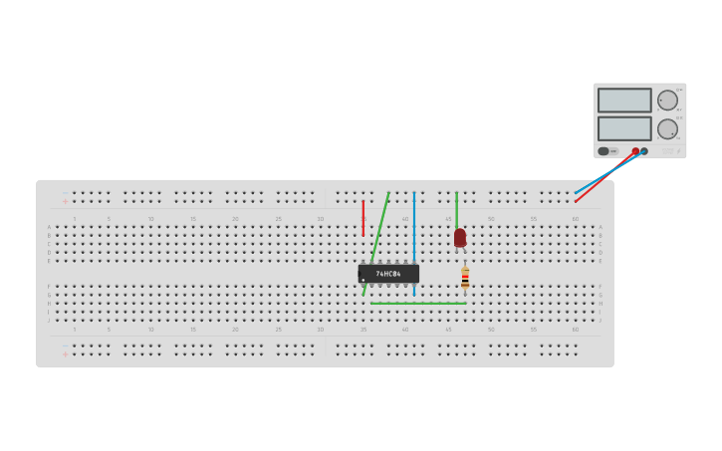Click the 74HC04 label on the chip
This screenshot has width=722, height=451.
click(x=388, y=274)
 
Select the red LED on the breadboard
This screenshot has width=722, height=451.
click(x=459, y=237)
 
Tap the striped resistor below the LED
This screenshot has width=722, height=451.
click(x=465, y=278)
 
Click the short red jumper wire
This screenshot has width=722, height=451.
click(x=362, y=217)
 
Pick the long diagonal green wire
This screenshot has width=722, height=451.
click(x=376, y=243)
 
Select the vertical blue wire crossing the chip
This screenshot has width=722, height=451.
click(x=414, y=224)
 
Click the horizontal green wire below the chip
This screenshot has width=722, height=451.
click(x=418, y=304)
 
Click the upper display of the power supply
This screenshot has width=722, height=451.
click(x=624, y=100)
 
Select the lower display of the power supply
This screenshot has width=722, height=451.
click(x=624, y=128)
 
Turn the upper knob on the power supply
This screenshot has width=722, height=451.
click(x=667, y=100)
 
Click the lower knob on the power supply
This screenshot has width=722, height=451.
click(x=667, y=128)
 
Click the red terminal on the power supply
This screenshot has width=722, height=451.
click(x=635, y=151)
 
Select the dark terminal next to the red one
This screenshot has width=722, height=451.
click(x=644, y=151)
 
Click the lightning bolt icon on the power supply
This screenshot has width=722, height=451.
click(x=679, y=151)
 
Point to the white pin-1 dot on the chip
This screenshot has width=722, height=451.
click(x=362, y=280)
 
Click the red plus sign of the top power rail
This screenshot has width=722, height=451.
click(x=65, y=201)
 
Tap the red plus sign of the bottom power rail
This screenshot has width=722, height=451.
click(x=65, y=353)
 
